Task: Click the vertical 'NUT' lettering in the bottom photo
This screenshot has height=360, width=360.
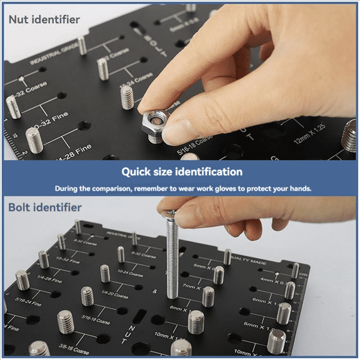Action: point(132,335)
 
